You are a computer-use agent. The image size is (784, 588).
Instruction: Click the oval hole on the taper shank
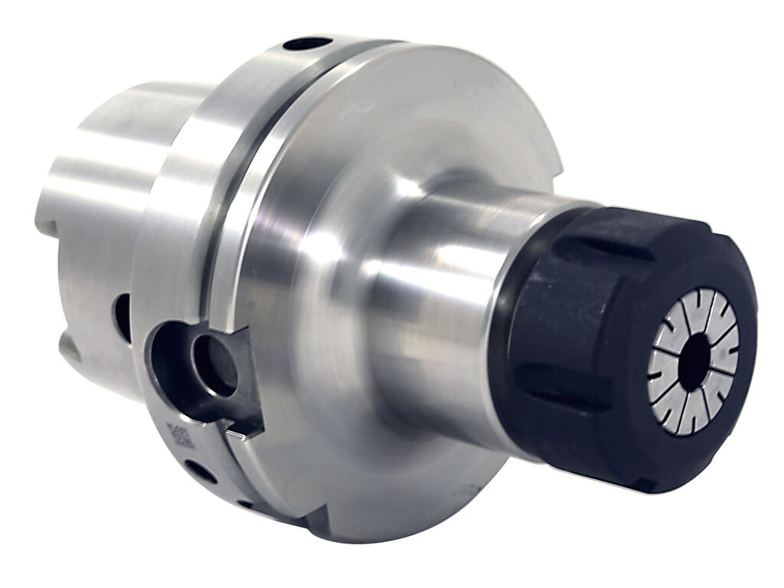point(122,317)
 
